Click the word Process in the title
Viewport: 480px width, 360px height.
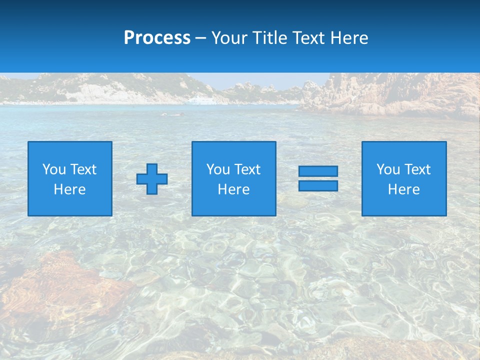pos(157,38)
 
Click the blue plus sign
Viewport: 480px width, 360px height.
pos(152,178)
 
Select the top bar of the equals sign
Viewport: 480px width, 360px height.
pos(318,171)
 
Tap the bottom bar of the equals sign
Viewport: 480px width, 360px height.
pos(318,185)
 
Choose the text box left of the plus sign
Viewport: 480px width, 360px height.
pos(70,178)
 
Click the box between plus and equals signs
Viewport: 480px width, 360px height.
pos(233,178)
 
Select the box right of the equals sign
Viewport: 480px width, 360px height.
pos(404,178)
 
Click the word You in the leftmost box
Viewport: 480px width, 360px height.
pos(54,169)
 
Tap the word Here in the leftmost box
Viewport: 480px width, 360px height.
pos(70,189)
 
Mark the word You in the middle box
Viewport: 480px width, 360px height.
pos(218,169)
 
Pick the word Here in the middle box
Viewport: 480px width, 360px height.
pos(233,189)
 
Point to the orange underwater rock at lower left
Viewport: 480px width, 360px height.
pos(55,285)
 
